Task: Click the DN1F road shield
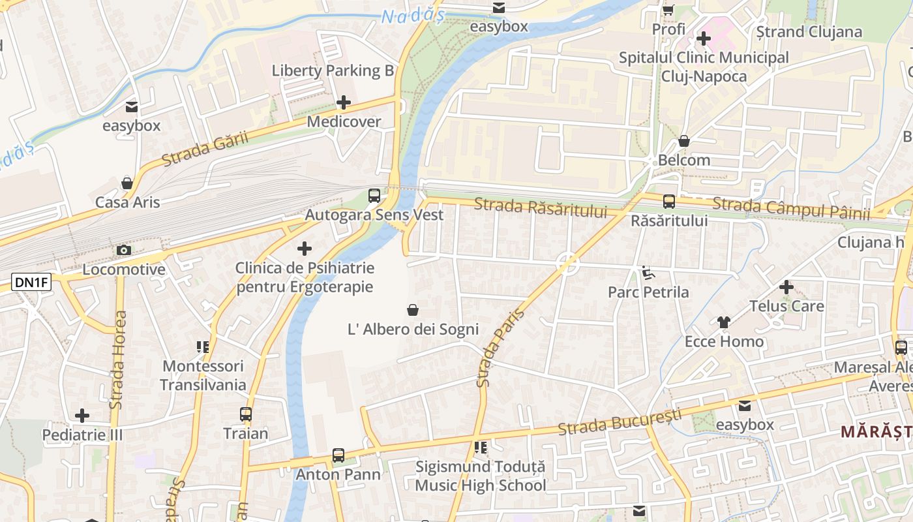click(x=31, y=282)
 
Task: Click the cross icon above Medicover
click(x=343, y=102)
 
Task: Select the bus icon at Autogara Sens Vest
click(x=374, y=195)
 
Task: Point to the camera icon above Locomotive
click(x=123, y=250)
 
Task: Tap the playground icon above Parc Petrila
click(x=648, y=273)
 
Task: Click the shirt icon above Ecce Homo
click(x=724, y=322)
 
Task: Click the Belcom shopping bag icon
click(x=684, y=141)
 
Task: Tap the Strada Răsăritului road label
click(x=540, y=208)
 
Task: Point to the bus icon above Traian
click(x=246, y=414)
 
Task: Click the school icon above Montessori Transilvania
click(x=202, y=347)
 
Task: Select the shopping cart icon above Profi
click(x=668, y=10)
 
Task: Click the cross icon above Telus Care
click(x=786, y=287)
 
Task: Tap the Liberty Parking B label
click(x=333, y=70)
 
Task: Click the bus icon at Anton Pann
click(x=338, y=455)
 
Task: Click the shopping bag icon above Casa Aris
click(x=127, y=183)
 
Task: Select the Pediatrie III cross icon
click(x=82, y=416)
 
